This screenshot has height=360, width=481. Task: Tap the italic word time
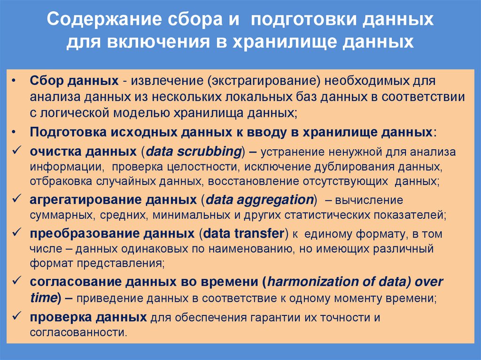(42, 298)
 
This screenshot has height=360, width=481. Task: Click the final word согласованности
(78, 332)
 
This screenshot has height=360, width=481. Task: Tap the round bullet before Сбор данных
(16, 81)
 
